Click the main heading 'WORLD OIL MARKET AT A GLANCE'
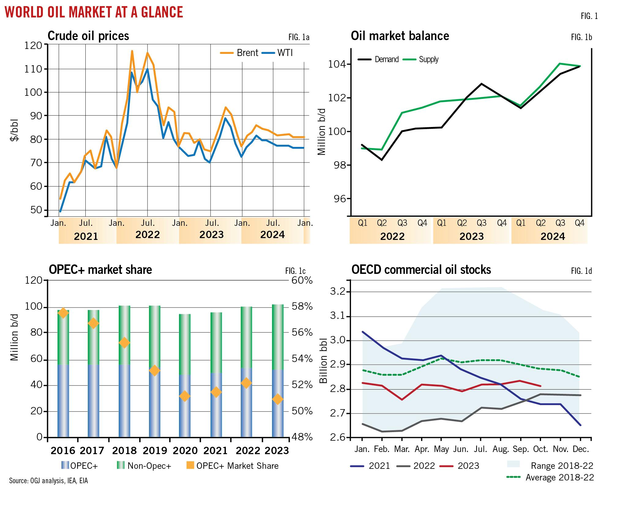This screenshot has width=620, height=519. click(94, 12)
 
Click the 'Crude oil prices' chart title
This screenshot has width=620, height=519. click(88, 36)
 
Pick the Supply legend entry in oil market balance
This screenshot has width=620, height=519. click(421, 59)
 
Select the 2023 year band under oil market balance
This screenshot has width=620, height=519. click(471, 236)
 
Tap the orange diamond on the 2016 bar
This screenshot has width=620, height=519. click(63, 313)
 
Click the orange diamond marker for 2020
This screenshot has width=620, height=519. click(185, 396)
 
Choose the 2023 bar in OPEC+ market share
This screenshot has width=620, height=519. click(278, 370)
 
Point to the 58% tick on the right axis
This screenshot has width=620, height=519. click(302, 306)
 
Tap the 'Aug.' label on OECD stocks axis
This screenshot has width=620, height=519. click(500, 449)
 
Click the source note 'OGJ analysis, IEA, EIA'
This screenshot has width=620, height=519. click(48, 481)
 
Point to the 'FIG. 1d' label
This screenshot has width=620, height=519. click(581, 271)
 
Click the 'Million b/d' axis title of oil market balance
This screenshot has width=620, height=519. click(321, 132)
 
